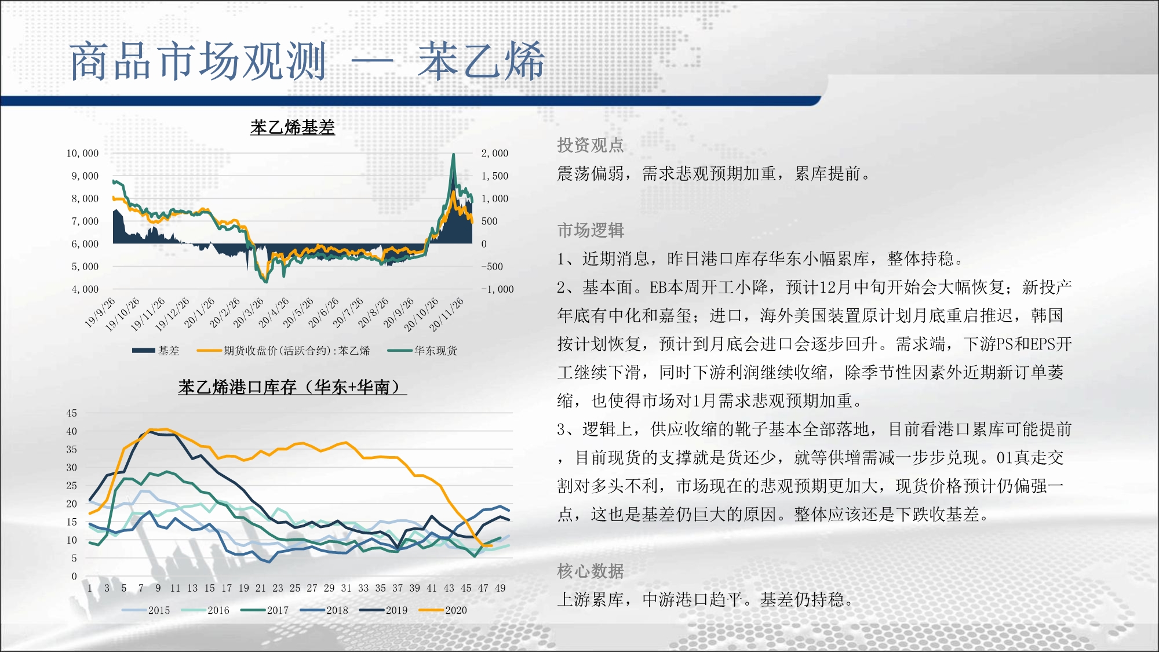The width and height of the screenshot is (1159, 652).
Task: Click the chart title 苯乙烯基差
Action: (293, 127)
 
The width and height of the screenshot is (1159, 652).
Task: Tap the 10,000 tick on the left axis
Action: (82, 153)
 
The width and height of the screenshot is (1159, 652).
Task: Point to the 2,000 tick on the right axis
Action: (494, 153)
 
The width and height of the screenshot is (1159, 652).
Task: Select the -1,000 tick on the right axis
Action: (497, 289)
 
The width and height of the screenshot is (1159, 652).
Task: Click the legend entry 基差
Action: (156, 351)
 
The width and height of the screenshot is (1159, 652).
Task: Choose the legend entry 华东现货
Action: (422, 351)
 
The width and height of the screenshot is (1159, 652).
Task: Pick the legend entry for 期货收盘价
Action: (283, 351)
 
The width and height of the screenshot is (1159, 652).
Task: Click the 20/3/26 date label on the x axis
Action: (249, 312)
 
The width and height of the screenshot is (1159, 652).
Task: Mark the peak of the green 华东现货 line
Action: (453, 154)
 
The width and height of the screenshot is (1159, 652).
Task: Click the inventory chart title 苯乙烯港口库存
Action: (293, 387)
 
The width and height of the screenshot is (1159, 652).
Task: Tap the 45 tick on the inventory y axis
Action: (71, 413)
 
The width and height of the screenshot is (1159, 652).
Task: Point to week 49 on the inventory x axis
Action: (500, 588)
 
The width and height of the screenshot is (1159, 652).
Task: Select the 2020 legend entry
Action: (443, 610)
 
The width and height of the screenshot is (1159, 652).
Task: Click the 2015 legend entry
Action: (146, 610)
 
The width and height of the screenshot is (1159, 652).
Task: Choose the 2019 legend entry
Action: (384, 610)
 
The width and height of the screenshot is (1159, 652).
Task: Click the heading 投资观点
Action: (591, 145)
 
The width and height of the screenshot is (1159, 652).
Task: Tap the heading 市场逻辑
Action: (591, 230)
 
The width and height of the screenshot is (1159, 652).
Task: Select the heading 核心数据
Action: (591, 571)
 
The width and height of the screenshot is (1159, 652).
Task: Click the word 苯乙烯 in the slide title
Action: (481, 61)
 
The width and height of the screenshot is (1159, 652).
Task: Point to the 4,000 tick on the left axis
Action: (85, 289)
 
